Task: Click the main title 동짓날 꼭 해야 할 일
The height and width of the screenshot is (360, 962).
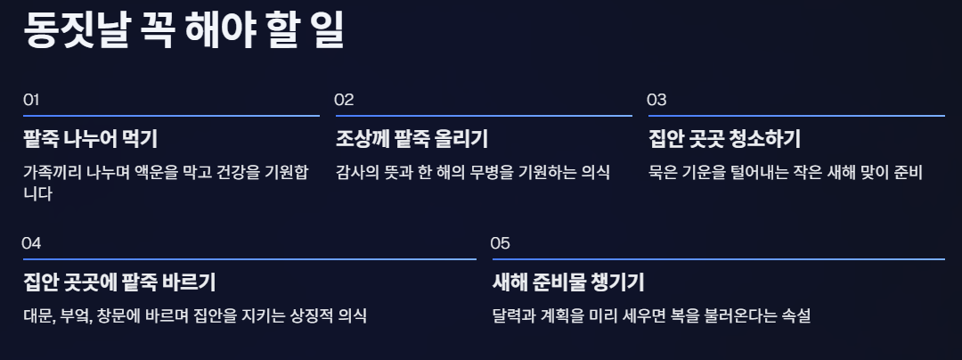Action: (x=183, y=32)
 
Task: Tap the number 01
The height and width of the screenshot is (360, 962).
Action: (x=31, y=100)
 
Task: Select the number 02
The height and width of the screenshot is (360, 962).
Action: (x=344, y=100)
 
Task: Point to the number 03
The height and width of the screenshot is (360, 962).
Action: (x=656, y=100)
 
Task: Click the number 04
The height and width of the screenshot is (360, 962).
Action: (x=32, y=243)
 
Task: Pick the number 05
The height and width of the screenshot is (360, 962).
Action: (x=501, y=243)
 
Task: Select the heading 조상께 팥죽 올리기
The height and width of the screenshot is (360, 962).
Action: (x=412, y=139)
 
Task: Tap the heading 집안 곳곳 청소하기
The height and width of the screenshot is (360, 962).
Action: (x=724, y=139)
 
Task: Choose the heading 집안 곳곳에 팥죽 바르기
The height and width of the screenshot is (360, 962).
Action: (x=119, y=283)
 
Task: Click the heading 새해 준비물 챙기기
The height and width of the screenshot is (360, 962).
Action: (x=568, y=283)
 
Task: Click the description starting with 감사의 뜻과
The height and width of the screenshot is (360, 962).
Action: (x=472, y=172)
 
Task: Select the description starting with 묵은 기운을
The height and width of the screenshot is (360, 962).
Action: (x=785, y=172)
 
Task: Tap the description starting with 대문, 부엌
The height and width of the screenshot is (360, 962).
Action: (x=194, y=315)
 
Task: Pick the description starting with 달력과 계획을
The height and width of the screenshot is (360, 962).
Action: (x=650, y=315)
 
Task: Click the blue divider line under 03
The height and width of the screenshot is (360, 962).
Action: (x=795, y=116)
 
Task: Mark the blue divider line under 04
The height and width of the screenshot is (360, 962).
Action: (x=249, y=259)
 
